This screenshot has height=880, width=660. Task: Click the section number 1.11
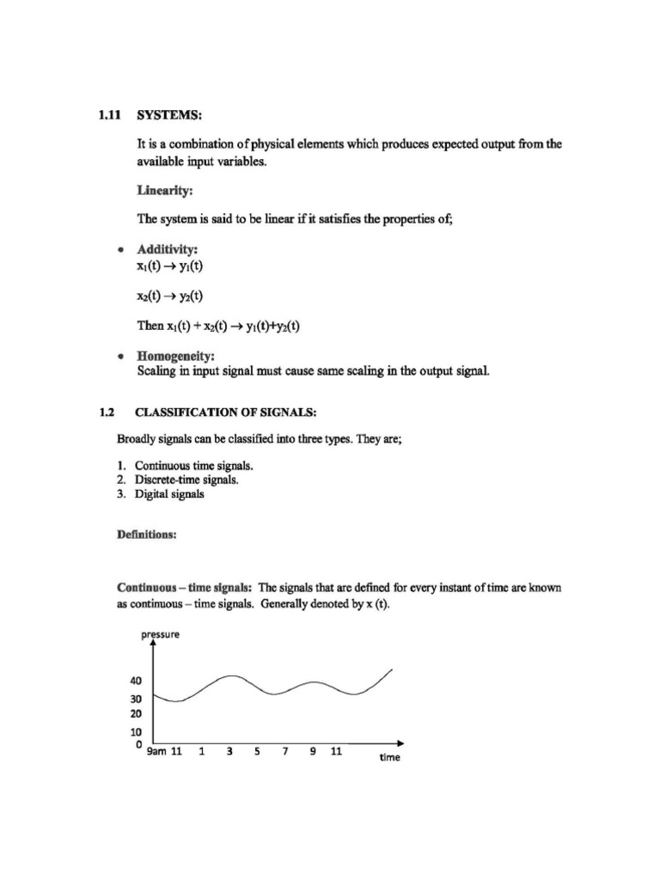pyautogui.click(x=110, y=116)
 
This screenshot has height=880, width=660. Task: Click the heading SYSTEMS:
pyautogui.click(x=171, y=116)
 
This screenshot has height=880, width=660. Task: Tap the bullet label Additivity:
pyautogui.click(x=168, y=250)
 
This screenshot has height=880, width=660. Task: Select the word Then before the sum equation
pyautogui.click(x=150, y=327)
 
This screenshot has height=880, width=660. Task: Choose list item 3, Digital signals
pyautogui.click(x=169, y=495)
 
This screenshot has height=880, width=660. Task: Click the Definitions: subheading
pyautogui.click(x=146, y=535)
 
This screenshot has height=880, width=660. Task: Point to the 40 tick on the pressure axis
pyautogui.click(x=136, y=681)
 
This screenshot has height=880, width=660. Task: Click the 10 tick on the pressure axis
pyautogui.click(x=136, y=731)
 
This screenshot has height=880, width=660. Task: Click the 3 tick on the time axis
pyautogui.click(x=229, y=751)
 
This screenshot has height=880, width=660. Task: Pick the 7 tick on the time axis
pyautogui.click(x=284, y=751)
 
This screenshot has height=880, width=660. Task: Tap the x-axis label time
pyautogui.click(x=389, y=757)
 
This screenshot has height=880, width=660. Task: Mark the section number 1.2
pyautogui.click(x=107, y=412)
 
